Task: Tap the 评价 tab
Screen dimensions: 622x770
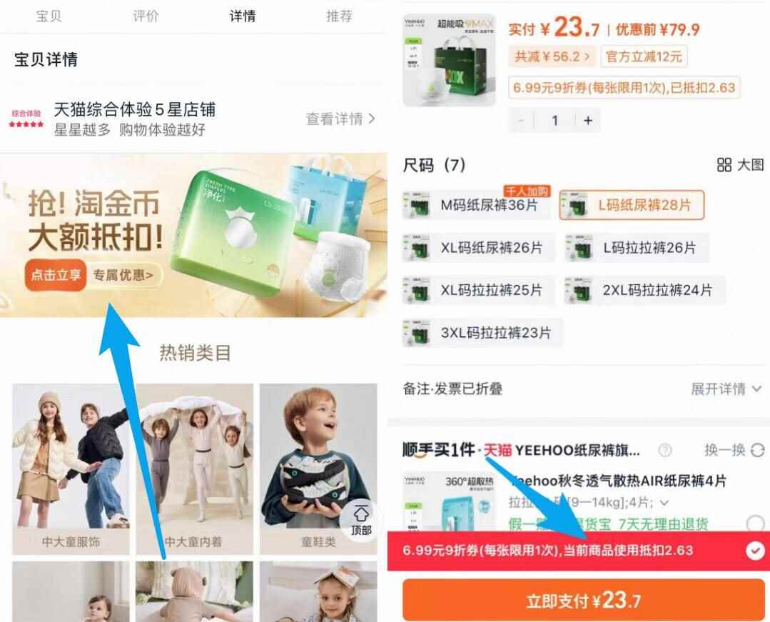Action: pos(146,16)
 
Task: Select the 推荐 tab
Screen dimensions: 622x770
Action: pos(340,16)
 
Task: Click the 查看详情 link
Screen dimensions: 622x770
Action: pos(340,119)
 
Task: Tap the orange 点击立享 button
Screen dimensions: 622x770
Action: pos(56,275)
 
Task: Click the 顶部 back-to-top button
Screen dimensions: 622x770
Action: pos(361,521)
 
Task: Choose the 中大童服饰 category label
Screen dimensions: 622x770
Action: pos(71,542)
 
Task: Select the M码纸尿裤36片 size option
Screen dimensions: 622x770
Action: pos(478,206)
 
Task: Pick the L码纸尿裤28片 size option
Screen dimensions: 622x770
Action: pos(632,206)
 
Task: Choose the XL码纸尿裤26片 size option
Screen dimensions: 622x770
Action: pos(478,248)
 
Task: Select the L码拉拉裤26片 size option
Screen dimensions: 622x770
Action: pos(637,248)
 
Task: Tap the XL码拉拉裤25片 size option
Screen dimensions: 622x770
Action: pos(478,290)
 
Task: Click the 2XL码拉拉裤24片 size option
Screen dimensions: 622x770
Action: pos(644,290)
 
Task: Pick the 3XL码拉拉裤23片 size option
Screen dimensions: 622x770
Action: pos(482,333)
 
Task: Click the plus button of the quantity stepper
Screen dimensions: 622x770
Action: pos(588,121)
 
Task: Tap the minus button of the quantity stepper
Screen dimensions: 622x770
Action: pos(522,121)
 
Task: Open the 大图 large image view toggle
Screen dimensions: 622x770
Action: pos(741,165)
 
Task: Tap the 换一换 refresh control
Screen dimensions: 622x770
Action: pos(734,450)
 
